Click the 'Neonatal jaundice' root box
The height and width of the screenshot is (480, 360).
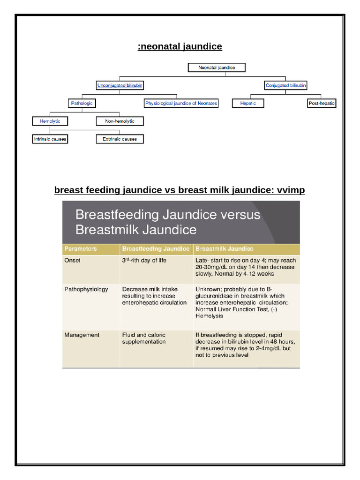[x=217, y=67]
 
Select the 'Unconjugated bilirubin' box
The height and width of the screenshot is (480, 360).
[x=120, y=85]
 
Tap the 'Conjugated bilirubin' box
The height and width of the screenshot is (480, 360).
[x=286, y=85]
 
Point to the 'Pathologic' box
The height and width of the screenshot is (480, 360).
[x=82, y=103]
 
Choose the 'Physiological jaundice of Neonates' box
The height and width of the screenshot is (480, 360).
[x=181, y=103]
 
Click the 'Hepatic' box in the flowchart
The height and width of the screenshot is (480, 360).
[x=248, y=103]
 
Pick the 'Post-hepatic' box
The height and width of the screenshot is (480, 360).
[x=322, y=103]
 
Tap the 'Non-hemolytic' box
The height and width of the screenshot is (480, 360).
[x=120, y=121]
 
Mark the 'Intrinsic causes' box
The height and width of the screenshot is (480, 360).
[x=50, y=139]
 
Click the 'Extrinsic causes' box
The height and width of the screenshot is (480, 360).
[x=120, y=139]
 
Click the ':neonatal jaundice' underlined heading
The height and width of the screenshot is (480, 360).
[x=180, y=46]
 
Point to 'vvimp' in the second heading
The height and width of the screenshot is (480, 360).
[x=291, y=190]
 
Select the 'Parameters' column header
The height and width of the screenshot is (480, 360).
[x=80, y=249]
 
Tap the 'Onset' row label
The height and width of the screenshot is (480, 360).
[x=72, y=261]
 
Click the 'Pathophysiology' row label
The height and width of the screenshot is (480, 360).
[x=86, y=289]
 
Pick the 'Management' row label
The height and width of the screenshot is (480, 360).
[x=82, y=335]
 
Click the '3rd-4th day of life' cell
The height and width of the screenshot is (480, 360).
[x=144, y=261]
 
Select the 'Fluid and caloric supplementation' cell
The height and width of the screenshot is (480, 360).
[x=144, y=338]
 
